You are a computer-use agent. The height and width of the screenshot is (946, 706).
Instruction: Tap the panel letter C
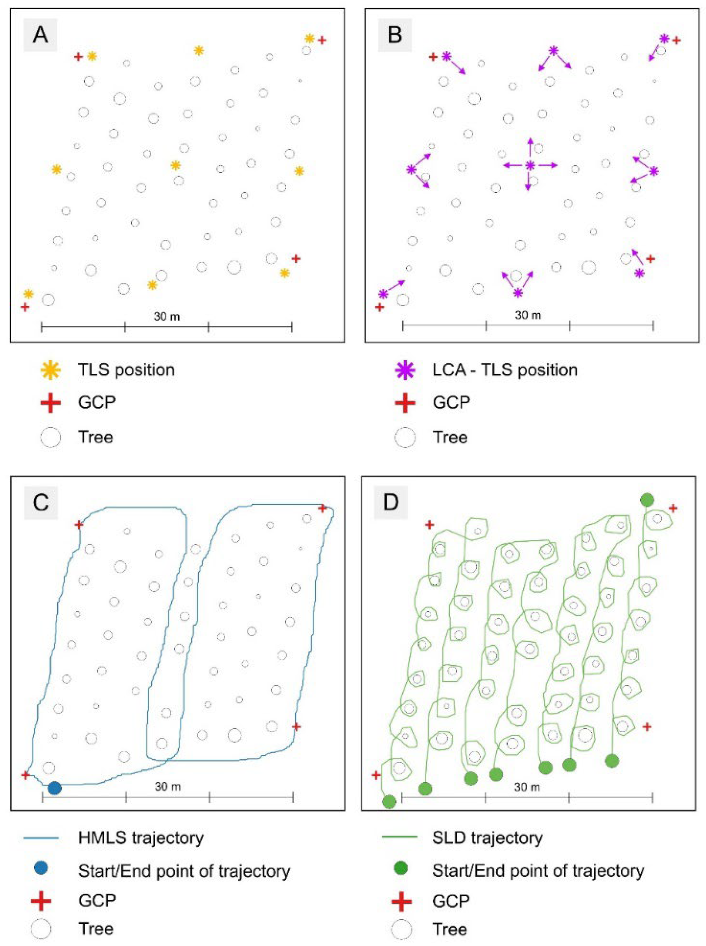[41, 503]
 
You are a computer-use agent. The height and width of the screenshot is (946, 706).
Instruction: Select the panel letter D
[391, 503]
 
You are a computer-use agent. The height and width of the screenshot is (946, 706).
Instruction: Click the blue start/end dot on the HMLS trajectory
[55, 788]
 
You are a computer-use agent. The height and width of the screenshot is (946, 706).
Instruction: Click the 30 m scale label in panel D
[527, 787]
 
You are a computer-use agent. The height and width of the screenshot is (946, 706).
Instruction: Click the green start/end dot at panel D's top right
[647, 499]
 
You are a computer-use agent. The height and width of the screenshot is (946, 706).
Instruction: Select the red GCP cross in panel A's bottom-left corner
[25, 307]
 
